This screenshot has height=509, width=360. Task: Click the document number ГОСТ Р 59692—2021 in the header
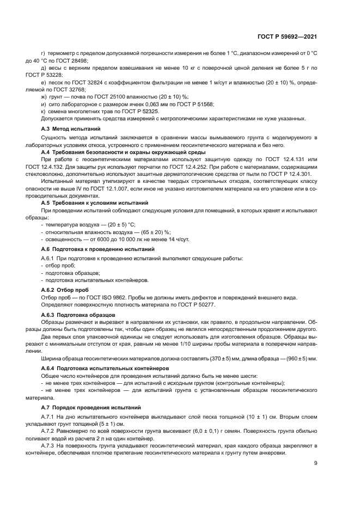[287, 37]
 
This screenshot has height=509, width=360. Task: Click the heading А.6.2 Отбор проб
[65, 290]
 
